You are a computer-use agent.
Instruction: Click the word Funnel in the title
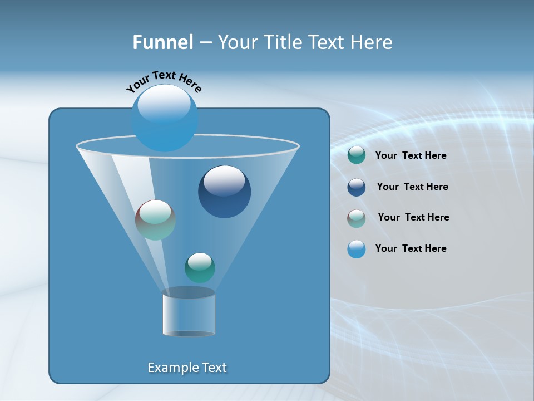pos(162,42)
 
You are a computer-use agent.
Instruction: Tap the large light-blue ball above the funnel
pos(165,118)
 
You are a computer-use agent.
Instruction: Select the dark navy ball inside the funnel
pos(224,192)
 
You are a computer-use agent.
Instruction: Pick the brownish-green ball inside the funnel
pos(155,220)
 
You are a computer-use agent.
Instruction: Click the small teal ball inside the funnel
pos(200,267)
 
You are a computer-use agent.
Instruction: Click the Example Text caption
pos(187,368)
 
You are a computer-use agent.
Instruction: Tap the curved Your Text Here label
pos(164,80)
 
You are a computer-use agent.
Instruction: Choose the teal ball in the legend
pos(357,155)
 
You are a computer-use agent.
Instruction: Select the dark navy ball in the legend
pos(357,187)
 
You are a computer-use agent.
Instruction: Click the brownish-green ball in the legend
pos(357,218)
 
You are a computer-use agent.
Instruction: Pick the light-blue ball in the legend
pos(357,249)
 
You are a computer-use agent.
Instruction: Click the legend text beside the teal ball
pos(411,156)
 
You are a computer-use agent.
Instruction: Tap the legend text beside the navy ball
pos(412,187)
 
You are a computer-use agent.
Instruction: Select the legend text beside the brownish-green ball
pos(413,218)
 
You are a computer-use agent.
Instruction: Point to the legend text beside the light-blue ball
pos(411,249)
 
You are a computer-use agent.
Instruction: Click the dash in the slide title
pos(205,42)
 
